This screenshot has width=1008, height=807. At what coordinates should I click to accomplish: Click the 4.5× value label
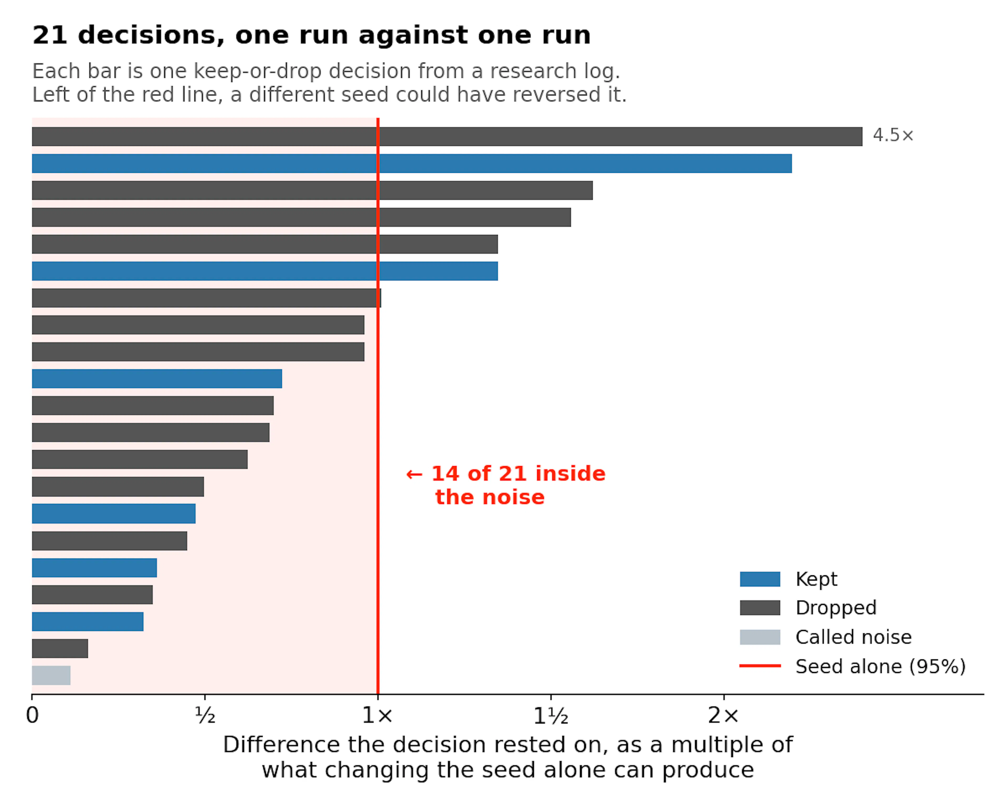tap(893, 136)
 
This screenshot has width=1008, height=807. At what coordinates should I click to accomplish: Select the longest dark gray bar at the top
tap(447, 137)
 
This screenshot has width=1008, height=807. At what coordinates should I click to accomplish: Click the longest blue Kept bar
tap(412, 163)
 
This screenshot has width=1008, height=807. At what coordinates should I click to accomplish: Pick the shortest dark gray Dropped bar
tap(60, 648)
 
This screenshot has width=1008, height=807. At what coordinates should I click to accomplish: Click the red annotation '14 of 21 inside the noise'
tap(506, 486)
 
